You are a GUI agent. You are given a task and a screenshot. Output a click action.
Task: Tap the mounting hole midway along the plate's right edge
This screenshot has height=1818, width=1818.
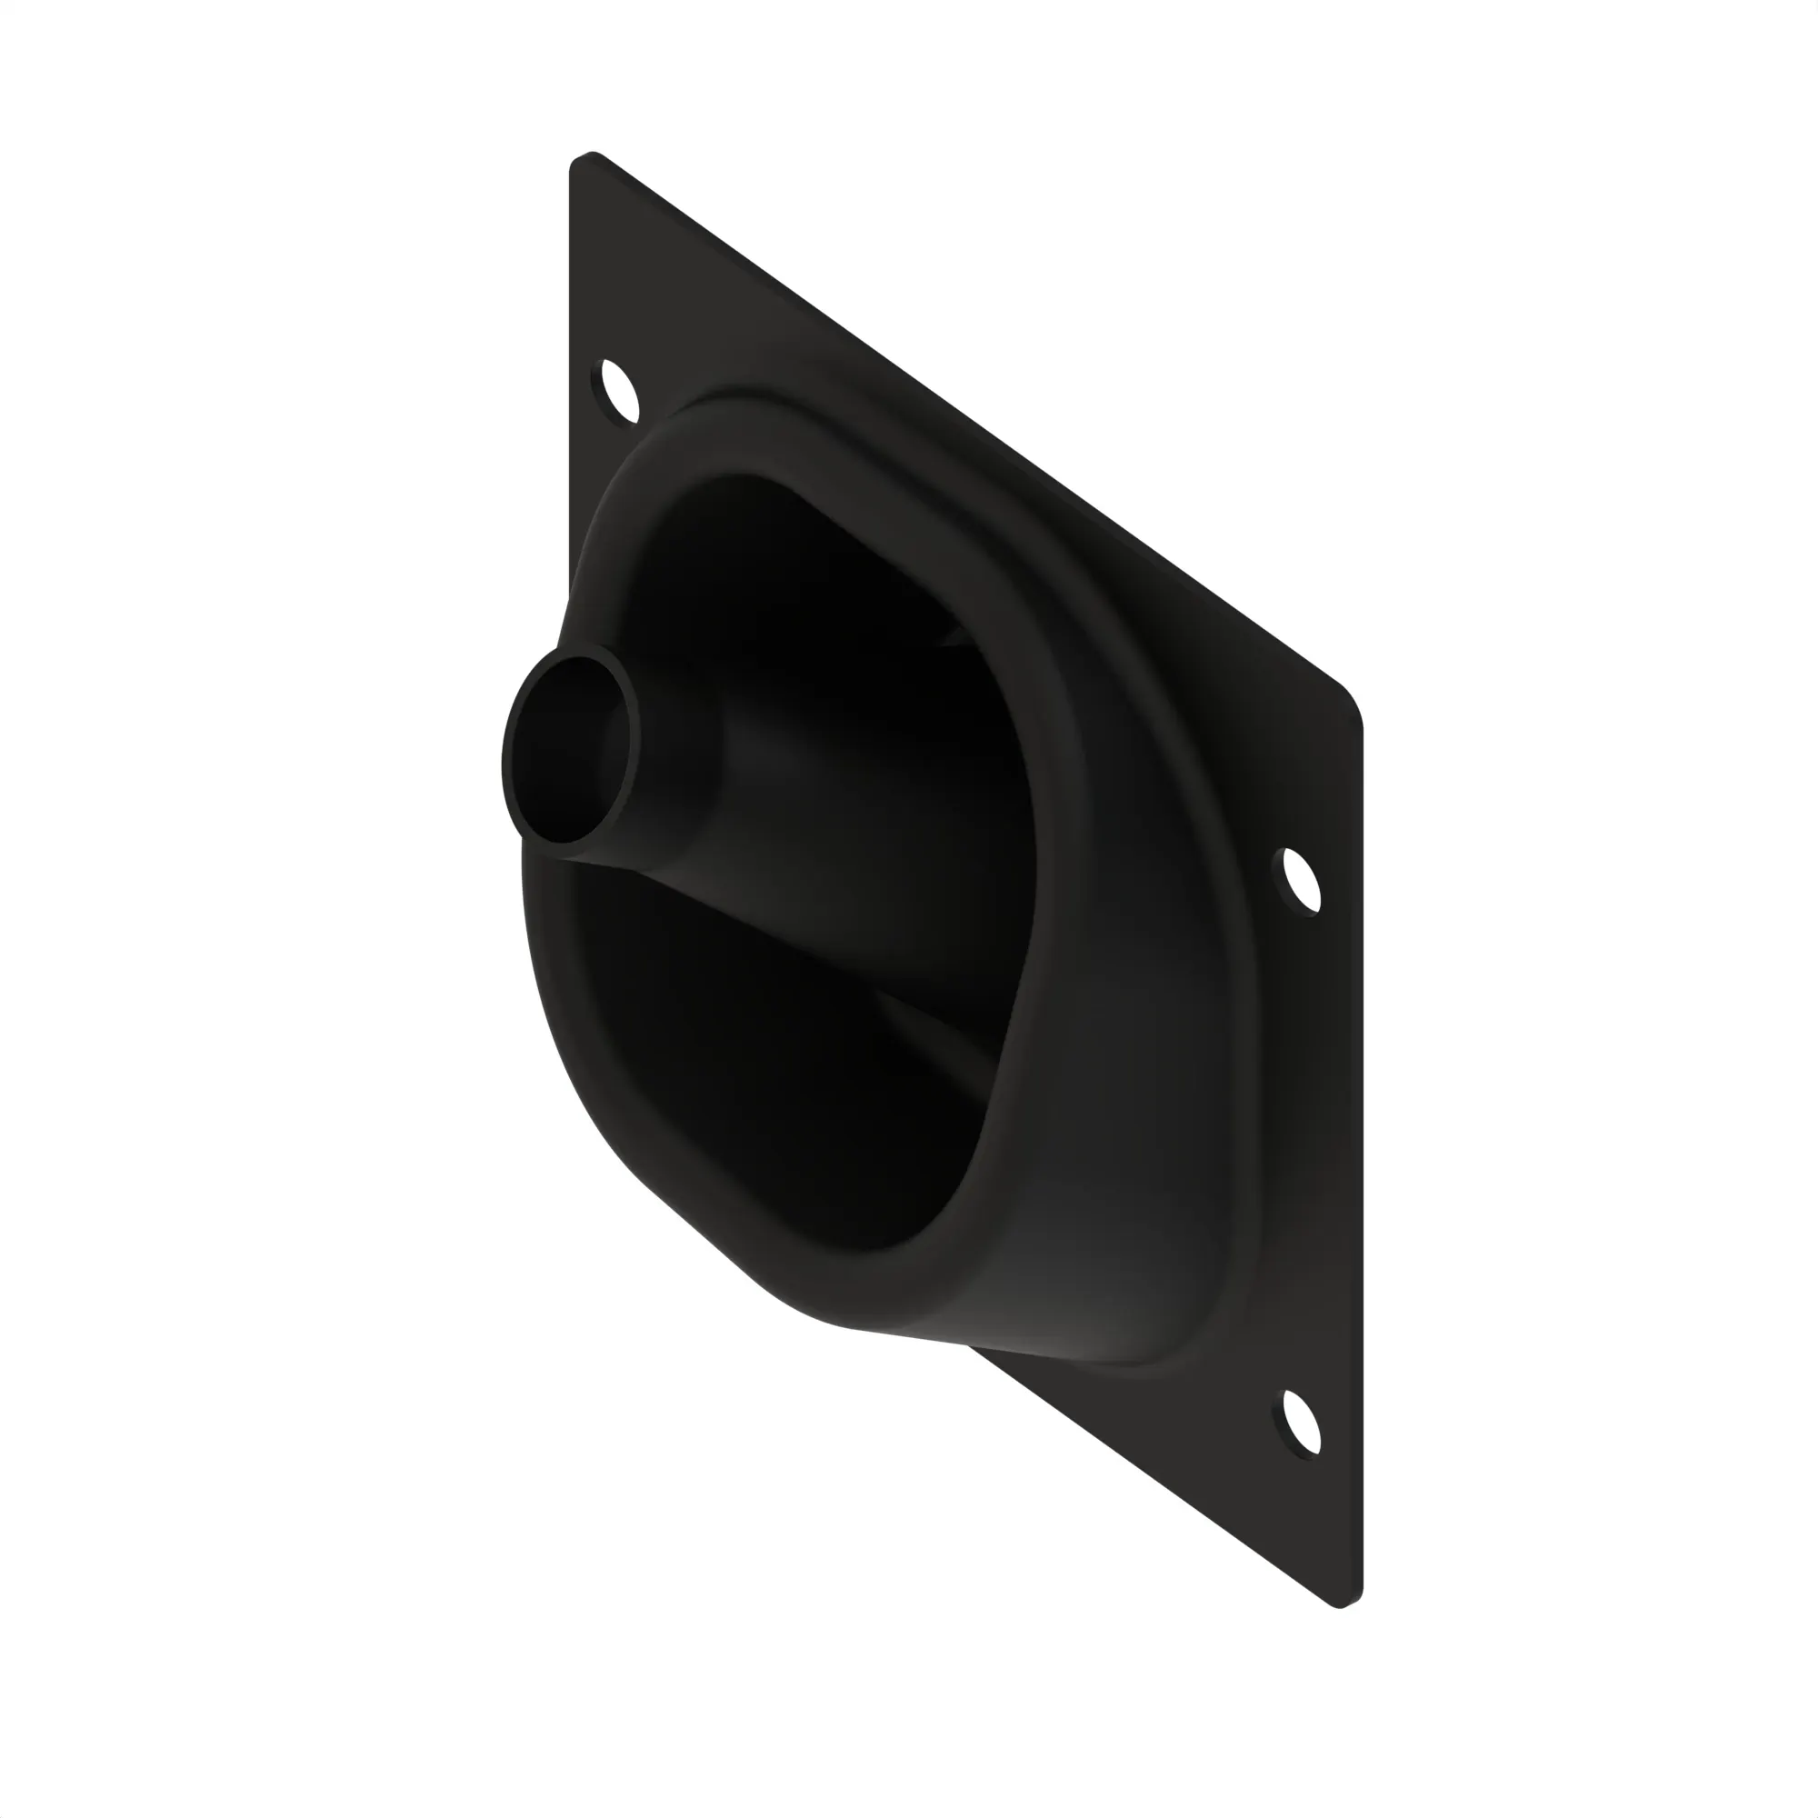1302,879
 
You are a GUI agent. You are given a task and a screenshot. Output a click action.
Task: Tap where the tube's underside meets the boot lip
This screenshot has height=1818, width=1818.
574,856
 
